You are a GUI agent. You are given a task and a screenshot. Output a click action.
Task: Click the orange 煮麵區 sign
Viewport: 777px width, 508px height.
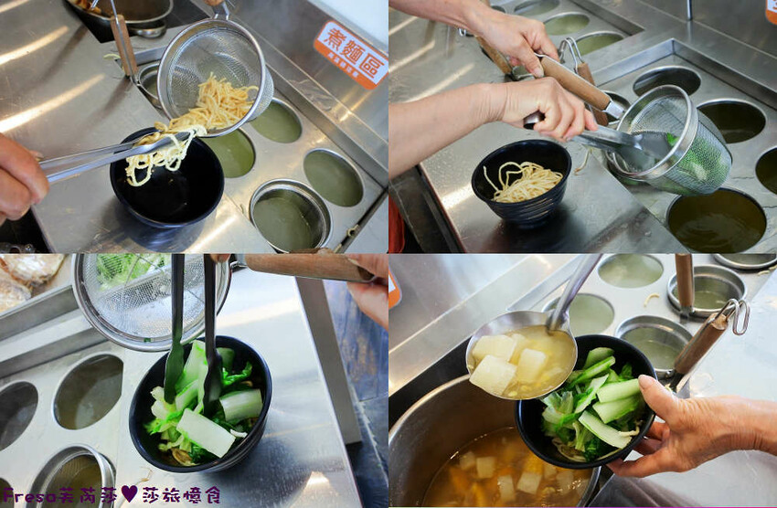pos(350,54)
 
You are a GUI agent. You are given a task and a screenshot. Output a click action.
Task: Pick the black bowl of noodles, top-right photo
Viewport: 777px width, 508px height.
pos(522,184)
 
